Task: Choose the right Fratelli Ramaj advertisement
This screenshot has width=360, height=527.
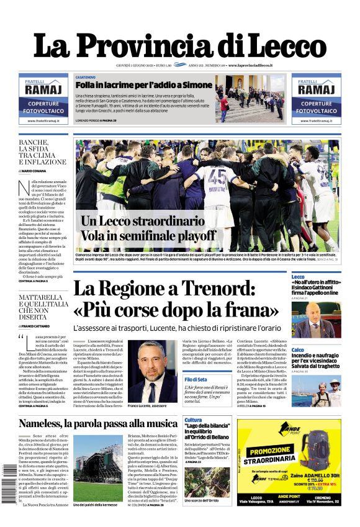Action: (316, 99)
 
